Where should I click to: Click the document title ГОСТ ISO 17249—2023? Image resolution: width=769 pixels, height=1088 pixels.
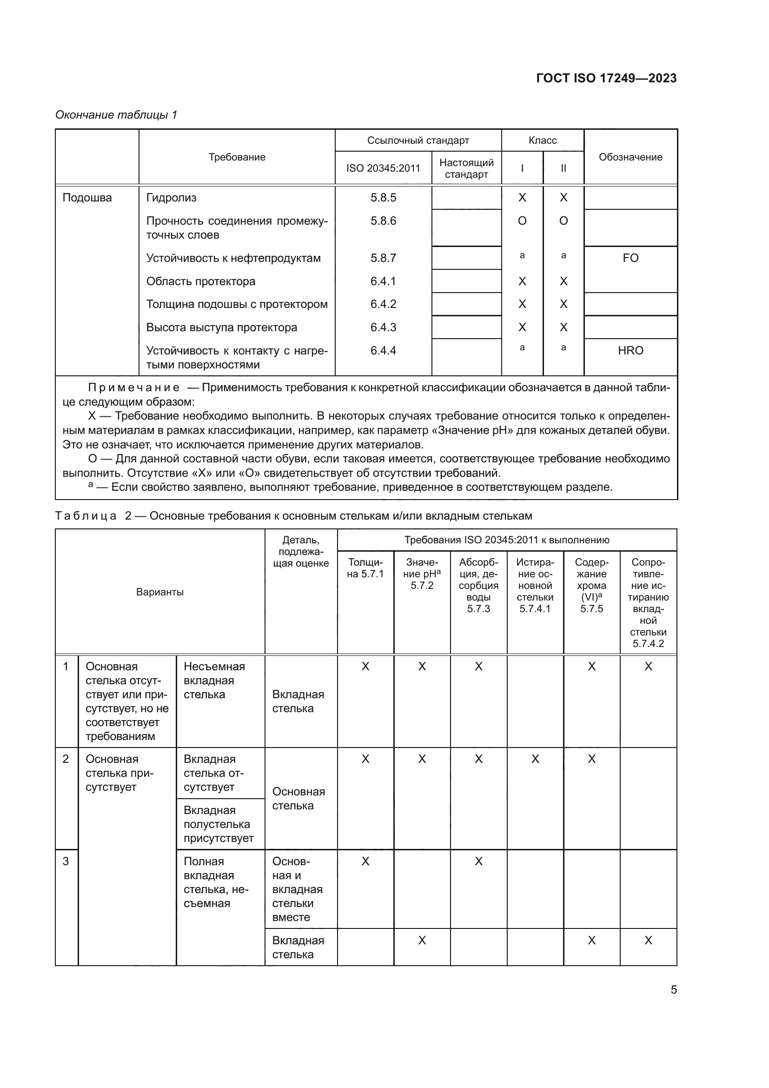pos(606,78)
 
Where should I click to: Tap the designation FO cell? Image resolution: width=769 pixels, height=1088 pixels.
pos(630,258)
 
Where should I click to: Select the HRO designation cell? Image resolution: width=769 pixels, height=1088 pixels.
pos(630,351)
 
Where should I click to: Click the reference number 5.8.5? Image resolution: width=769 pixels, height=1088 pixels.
pos(383,198)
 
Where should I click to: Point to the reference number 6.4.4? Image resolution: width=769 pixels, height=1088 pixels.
pos(383,351)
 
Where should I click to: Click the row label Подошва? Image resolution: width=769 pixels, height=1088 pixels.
pos(87,198)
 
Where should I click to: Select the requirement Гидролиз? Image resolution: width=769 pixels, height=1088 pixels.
pos(171,198)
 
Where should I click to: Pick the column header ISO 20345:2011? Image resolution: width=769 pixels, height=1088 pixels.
pos(383,168)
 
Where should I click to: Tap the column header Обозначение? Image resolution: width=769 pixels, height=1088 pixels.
pos(630,157)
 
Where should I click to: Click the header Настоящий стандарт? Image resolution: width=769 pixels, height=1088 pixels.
pos(466,168)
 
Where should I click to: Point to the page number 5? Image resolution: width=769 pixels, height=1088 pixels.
pos(673,989)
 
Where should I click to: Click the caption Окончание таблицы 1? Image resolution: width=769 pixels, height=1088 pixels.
pos(116,115)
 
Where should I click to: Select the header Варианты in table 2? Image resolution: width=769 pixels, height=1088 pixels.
pos(159,592)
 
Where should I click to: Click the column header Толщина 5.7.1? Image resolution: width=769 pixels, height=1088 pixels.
pos(365,567)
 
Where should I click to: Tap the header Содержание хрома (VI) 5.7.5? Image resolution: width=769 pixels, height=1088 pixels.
pos(591,585)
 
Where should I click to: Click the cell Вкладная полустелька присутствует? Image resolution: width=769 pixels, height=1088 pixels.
pos(219,824)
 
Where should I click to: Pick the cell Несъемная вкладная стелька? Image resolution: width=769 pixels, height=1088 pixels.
pos(214,681)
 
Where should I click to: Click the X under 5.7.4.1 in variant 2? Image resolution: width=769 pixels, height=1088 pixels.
pos(535,759)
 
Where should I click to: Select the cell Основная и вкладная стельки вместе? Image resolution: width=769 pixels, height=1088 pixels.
pos(298,889)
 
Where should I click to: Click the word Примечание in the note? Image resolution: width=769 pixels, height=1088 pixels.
pos(134,387)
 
